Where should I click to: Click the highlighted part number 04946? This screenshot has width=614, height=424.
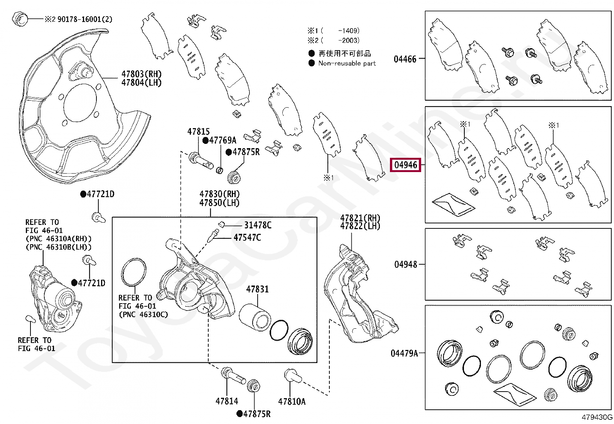click(405, 165)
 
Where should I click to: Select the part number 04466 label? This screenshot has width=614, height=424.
click(405, 59)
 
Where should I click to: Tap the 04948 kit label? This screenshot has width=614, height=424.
click(405, 264)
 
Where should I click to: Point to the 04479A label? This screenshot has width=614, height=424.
click(404, 353)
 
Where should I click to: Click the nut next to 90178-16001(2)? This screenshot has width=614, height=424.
click(20, 19)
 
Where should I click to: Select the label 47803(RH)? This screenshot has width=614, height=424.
click(141, 74)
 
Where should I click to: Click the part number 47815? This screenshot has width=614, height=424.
click(198, 132)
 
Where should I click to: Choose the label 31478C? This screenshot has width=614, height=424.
click(258, 225)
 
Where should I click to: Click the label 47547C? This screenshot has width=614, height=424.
click(247, 237)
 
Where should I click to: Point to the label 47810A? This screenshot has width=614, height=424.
click(292, 401)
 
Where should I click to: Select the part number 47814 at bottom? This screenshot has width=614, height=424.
click(226, 401)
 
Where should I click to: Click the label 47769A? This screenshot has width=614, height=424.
click(223, 140)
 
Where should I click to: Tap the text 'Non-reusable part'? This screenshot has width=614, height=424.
click(347, 63)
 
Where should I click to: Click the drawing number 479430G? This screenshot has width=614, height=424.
click(597, 417)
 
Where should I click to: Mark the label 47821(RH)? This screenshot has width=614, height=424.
click(360, 218)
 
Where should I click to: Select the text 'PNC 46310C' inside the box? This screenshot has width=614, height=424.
click(143, 314)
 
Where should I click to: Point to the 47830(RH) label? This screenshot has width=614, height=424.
click(219, 194)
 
